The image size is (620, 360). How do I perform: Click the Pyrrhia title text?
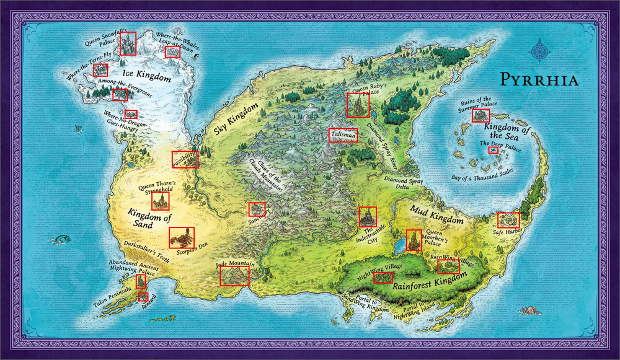539,80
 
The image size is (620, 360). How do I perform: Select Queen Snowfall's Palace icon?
128,43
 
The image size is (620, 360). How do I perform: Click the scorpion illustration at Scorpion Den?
182,237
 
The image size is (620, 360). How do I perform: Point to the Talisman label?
343,135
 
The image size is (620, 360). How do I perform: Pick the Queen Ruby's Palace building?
358,105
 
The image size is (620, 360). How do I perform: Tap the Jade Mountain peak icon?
234,276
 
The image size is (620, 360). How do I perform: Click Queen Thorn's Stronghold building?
161,201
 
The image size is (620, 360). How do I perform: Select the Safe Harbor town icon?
508,219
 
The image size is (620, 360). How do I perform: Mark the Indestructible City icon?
368,216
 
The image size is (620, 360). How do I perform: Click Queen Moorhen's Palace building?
414,240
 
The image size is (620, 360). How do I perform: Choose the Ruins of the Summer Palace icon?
480,116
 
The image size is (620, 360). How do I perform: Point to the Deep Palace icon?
494,151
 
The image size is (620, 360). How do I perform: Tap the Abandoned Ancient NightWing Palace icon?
141,282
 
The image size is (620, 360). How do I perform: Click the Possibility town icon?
185,159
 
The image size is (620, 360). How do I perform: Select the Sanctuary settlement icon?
257,209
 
